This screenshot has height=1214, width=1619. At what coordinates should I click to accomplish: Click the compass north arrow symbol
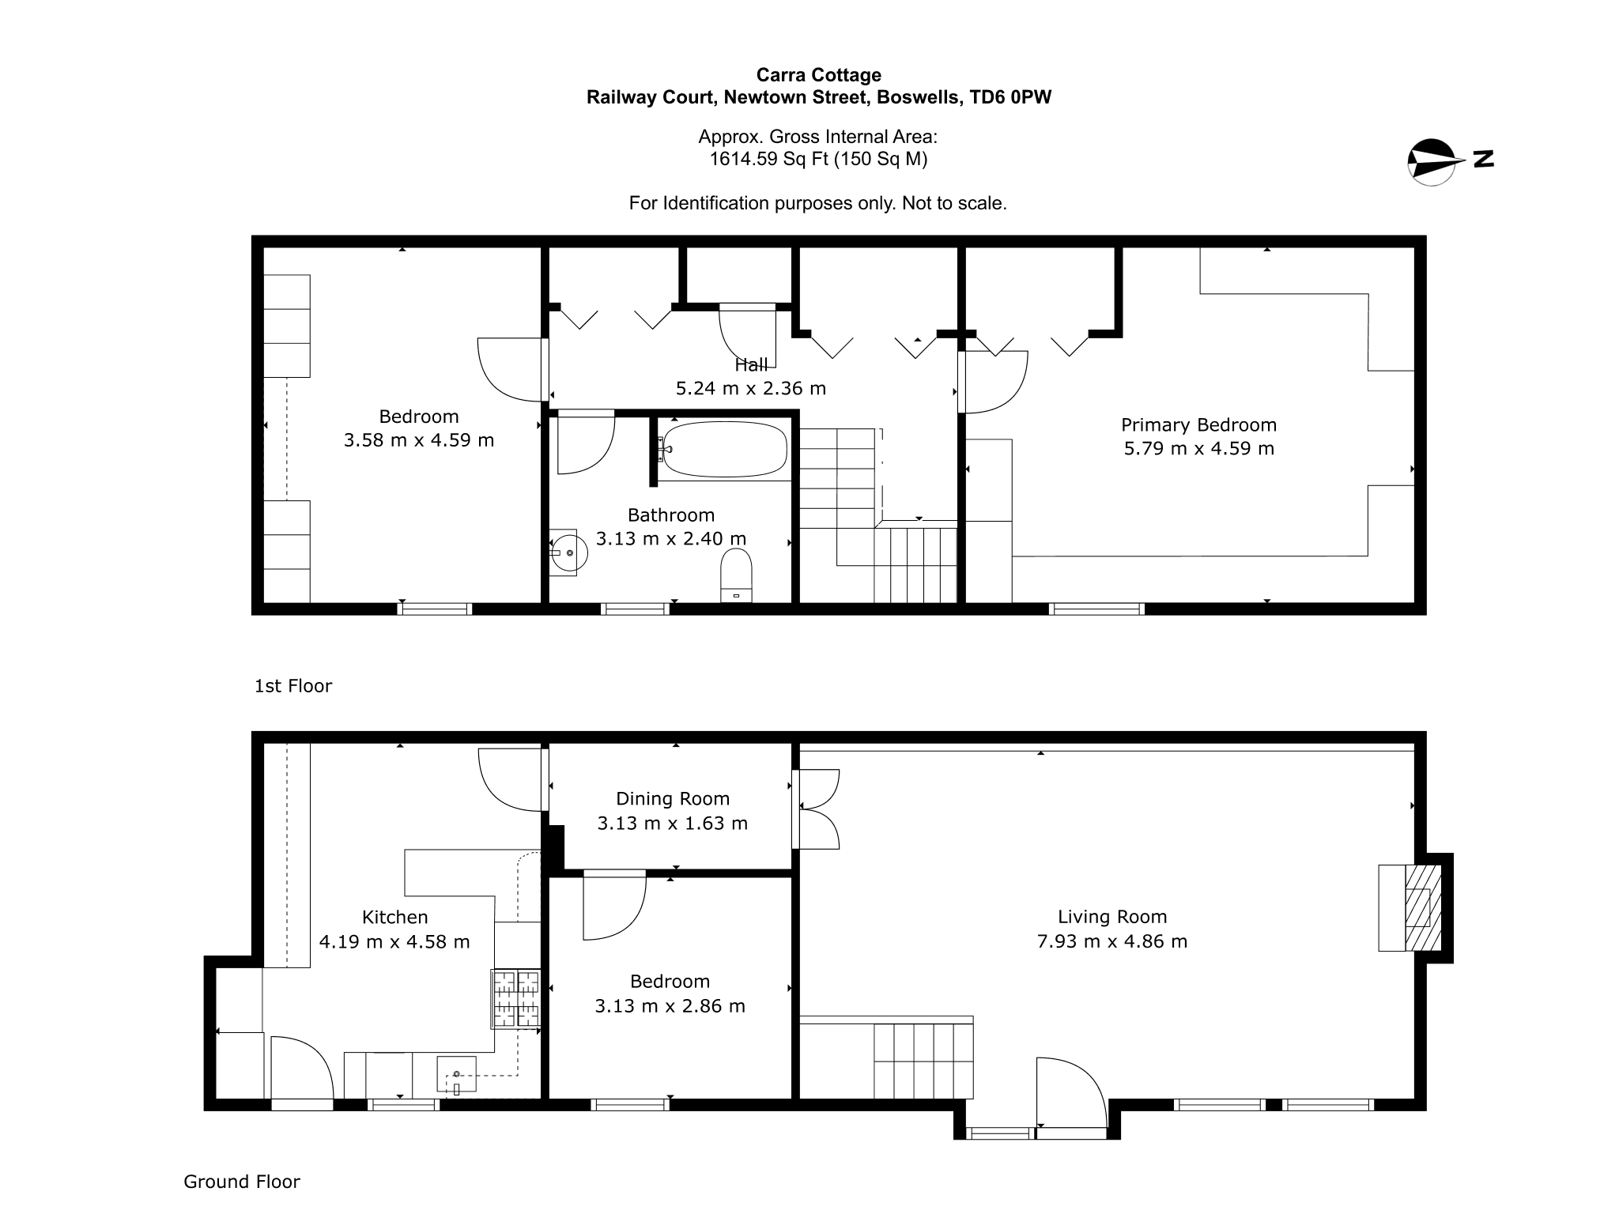[x=1432, y=162]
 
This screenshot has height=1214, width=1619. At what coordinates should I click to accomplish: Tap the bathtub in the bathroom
[x=723, y=450]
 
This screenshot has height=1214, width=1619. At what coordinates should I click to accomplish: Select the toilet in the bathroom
[x=736, y=575]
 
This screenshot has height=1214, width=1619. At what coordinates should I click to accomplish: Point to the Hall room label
[x=751, y=365]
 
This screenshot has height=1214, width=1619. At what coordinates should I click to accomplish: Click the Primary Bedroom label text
[x=1198, y=425]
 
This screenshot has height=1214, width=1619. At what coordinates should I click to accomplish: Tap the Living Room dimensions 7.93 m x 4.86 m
[x=1112, y=941]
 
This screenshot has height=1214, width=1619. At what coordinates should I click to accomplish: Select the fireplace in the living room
[x=1410, y=907]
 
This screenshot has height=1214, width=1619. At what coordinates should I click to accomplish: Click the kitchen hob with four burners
[x=515, y=999]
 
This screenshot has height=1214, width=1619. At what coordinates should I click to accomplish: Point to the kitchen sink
[x=457, y=1074]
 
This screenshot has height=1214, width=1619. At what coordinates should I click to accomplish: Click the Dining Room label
[x=673, y=799]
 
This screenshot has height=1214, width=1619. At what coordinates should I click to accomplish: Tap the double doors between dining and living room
[x=816, y=809]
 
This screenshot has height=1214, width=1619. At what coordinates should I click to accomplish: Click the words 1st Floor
[x=293, y=686]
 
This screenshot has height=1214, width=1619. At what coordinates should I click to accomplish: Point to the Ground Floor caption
[x=242, y=1182]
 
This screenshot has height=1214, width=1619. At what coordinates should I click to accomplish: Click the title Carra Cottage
[x=819, y=75]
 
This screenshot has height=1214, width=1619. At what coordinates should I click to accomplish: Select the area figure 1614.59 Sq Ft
[x=768, y=159]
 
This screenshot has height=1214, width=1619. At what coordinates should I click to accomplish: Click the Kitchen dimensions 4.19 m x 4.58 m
[x=394, y=942]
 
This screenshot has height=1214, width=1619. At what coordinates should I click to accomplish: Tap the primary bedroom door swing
[x=993, y=382]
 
